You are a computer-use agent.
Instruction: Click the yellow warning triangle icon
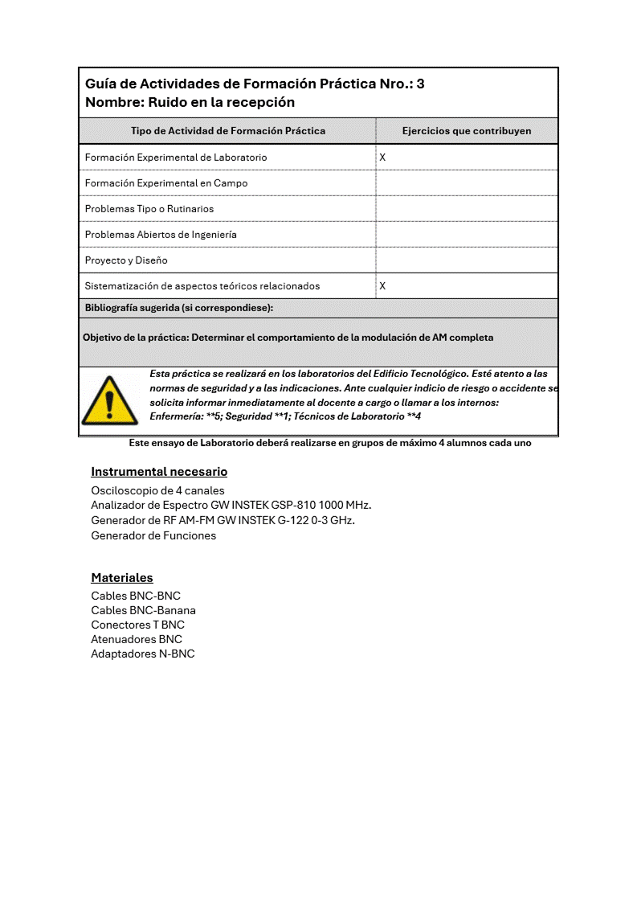pos(109,400)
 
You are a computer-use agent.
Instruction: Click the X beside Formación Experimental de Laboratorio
pos(382,158)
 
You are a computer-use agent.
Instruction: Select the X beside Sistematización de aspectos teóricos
pos(382,286)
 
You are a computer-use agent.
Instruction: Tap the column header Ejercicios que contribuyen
pos(466,131)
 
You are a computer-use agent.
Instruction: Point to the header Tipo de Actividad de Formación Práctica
pos(228,131)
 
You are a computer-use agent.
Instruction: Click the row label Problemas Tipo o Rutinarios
pos(149,209)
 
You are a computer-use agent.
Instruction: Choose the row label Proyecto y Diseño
pos(126,260)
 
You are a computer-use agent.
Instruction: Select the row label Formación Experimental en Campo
pos(166,183)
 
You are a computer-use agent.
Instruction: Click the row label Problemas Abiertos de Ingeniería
pos(161,235)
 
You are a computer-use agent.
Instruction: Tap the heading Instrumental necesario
pos(159,472)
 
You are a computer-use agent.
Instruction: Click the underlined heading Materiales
pos(122,578)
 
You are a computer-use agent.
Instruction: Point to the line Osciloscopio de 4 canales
pos(157,490)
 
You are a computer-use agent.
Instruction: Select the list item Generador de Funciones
pos(153,536)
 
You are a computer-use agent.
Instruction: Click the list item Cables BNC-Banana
pos(143,610)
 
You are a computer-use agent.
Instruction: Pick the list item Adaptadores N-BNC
pos(142,654)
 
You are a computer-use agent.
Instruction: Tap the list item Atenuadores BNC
pos(137,639)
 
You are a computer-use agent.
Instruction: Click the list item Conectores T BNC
pos(137,625)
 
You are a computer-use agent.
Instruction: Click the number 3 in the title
pos(420,84)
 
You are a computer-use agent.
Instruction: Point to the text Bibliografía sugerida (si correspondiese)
pos(178,308)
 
